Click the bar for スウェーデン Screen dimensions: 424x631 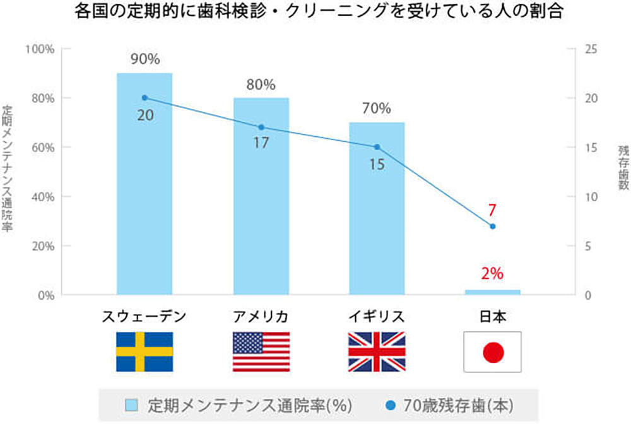(144, 189)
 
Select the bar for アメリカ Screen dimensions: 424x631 (261, 202)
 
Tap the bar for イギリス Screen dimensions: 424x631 (377, 215)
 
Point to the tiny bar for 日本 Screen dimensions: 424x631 (493, 292)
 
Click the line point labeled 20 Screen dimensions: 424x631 (144, 98)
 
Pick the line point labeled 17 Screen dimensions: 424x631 (261, 127)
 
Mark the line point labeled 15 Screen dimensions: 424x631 (377, 147)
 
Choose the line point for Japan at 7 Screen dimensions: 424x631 (493, 227)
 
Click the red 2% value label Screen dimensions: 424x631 (493, 274)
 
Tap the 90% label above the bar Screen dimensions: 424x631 (144, 60)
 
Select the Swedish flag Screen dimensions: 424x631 (144, 351)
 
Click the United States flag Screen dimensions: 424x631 (261, 351)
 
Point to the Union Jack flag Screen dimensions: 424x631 (377, 351)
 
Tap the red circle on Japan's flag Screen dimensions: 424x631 (493, 352)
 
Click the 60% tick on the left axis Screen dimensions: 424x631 (41, 148)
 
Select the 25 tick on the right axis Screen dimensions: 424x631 (592, 49)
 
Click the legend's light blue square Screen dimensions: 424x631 (132, 404)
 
